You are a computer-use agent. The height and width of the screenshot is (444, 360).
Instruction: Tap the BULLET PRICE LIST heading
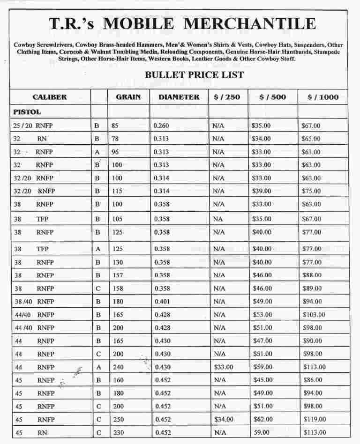pyautogui.click(x=194, y=75)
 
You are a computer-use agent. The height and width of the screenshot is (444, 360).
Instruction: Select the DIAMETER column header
pyautogui.click(x=179, y=97)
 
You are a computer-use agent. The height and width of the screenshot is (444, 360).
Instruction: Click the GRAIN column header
pyautogui.click(x=128, y=97)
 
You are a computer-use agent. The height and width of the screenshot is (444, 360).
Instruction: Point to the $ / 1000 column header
pyautogui.click(x=323, y=97)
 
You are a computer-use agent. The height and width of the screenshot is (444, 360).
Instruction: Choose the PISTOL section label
pyautogui.click(x=27, y=112)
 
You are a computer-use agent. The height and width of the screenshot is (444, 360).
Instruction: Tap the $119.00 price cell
pyautogui.click(x=314, y=419)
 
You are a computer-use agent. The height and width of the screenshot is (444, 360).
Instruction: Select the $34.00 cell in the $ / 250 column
pyautogui.click(x=223, y=419)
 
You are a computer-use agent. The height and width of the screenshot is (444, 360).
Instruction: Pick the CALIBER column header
pyautogui.click(x=50, y=97)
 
